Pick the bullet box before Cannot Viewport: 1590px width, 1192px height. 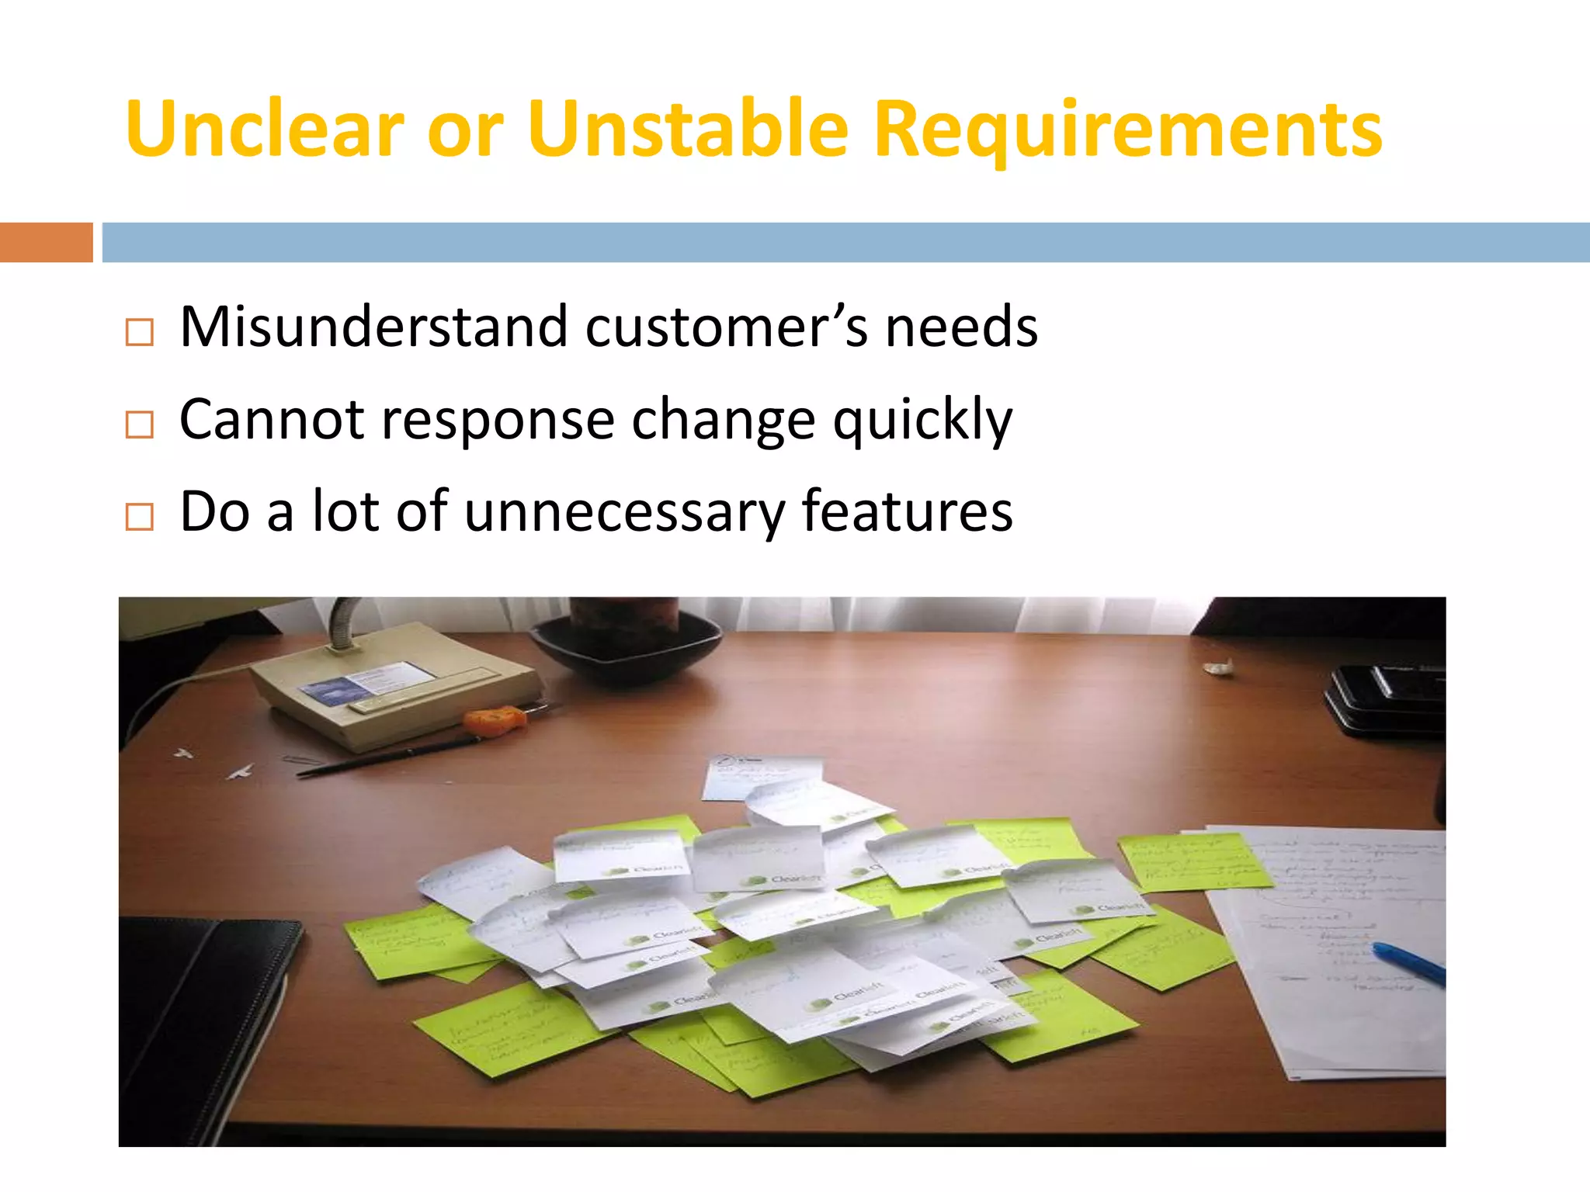point(140,424)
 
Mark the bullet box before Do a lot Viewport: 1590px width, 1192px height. point(140,516)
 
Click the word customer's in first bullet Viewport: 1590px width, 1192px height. point(726,327)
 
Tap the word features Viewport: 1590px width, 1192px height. point(907,512)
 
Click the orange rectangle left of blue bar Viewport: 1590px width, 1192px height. point(46,242)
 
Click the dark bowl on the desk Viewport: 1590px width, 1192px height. point(625,648)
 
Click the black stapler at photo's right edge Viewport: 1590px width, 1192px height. point(1386,698)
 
